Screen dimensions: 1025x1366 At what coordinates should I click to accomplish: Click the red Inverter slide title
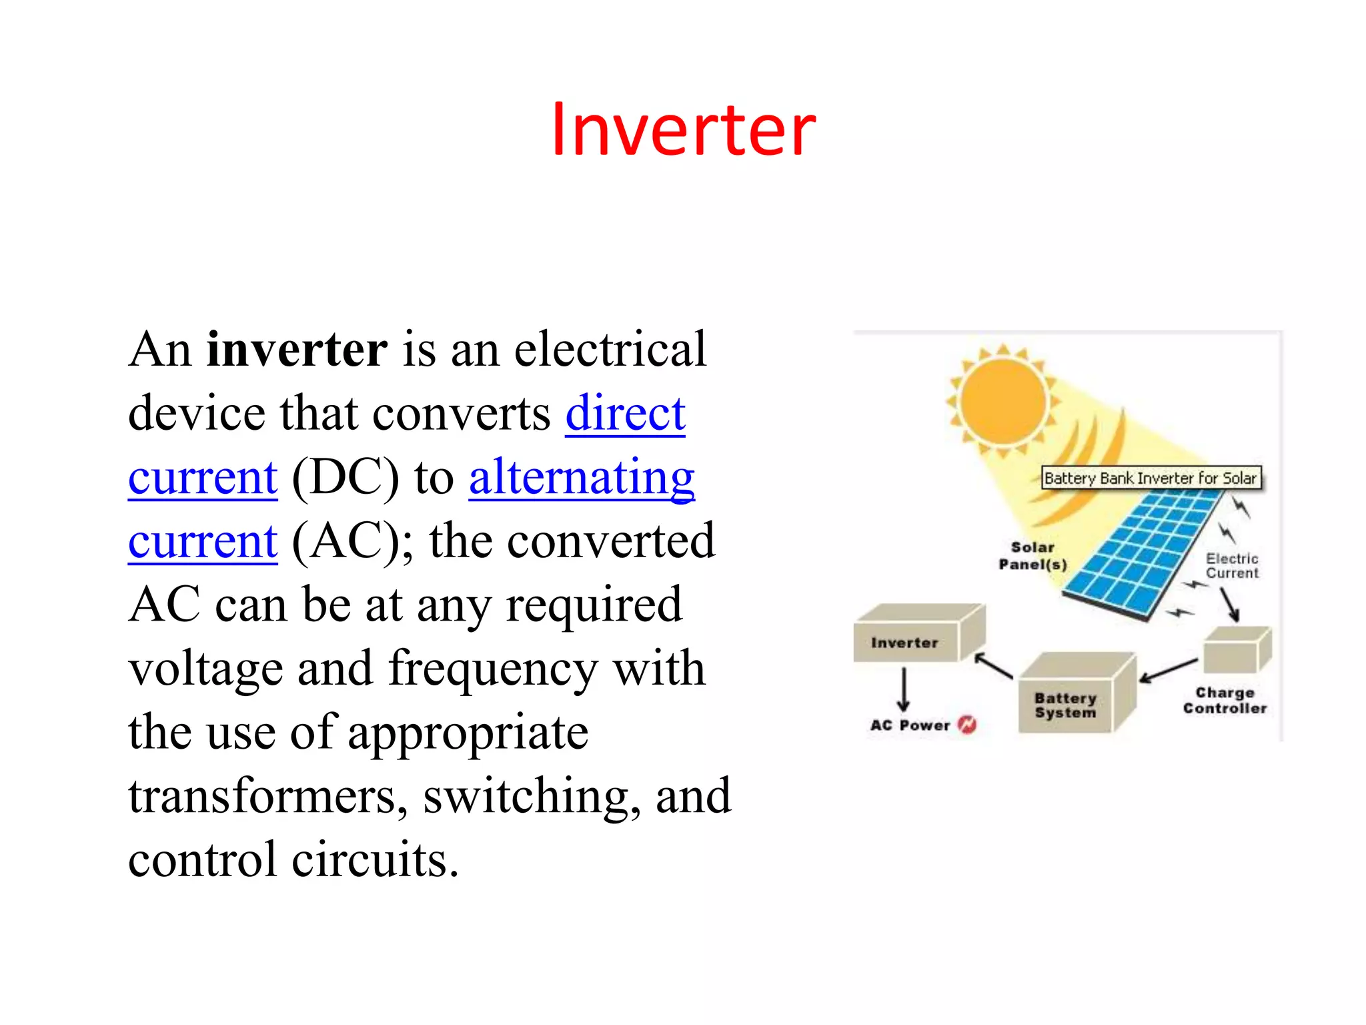[683, 129]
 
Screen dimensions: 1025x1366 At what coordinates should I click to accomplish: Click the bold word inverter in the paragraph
[297, 350]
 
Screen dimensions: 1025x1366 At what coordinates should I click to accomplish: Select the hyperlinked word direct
[625, 413]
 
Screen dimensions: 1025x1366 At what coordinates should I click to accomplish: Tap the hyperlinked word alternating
[582, 477]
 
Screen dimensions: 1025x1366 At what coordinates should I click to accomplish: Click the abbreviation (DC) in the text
[346, 477]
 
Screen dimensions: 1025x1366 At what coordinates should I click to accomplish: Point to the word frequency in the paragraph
[493, 669]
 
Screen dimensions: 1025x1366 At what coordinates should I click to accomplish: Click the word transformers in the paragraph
[267, 796]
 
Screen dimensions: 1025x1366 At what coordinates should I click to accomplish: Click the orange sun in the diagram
[1002, 402]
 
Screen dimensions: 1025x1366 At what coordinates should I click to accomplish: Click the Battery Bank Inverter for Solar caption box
[1151, 478]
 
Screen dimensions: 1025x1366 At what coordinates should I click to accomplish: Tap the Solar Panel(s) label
[1032, 556]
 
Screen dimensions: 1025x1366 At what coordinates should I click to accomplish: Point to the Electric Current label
[1231, 566]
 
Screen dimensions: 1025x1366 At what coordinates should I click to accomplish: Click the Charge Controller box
[1235, 651]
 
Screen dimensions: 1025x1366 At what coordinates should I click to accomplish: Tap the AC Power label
[910, 725]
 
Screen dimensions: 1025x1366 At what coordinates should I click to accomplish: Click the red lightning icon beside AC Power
[966, 725]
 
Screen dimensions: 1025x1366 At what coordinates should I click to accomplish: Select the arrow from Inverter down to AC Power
[904, 689]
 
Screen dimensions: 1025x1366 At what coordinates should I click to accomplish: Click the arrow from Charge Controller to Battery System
[1169, 670]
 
